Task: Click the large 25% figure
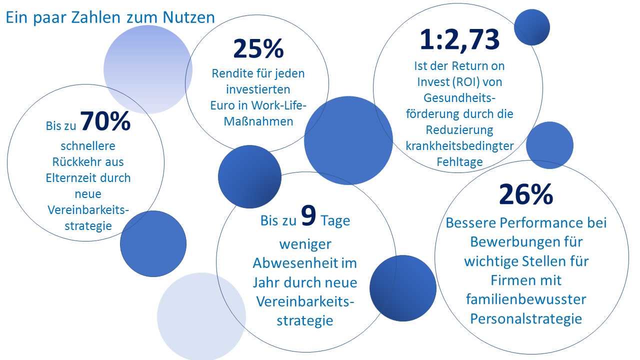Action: point(258,48)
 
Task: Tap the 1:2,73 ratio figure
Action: point(459,39)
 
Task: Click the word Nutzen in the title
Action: point(188,17)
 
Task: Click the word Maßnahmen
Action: point(258,121)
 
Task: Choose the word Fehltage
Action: point(459,162)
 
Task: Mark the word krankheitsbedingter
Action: point(459,146)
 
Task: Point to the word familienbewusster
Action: point(526,299)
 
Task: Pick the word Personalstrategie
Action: point(526,318)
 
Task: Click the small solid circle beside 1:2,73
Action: point(532,27)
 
